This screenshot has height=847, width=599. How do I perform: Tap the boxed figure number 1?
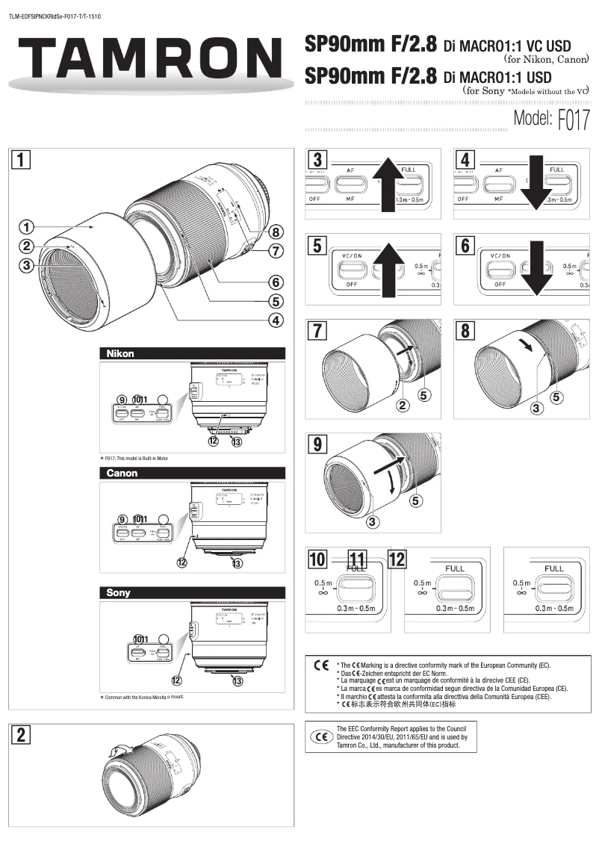pos(22,158)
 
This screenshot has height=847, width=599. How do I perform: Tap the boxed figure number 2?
pos(22,735)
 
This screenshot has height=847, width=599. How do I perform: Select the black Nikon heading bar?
pos(192,353)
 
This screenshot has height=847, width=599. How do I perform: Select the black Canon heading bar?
pos(192,473)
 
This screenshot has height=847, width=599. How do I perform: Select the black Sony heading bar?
pos(192,592)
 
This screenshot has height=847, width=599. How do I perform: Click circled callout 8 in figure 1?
pos(276,232)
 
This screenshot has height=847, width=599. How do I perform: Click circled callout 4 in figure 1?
pos(276,321)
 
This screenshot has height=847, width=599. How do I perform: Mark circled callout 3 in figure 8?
pos(536,408)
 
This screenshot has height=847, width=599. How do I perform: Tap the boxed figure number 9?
pos(318,444)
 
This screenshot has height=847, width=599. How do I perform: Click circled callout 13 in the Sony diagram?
pos(238,680)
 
